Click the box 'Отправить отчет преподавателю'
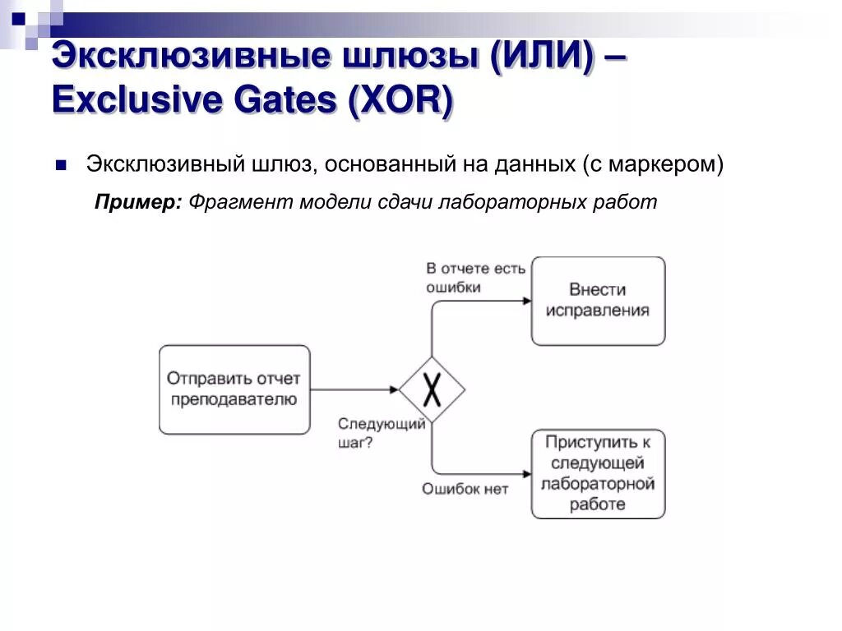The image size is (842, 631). coord(234,389)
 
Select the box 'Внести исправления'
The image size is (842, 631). coord(598,301)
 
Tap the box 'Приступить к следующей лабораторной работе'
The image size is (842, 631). coord(598,473)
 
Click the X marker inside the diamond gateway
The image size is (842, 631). coord(432,389)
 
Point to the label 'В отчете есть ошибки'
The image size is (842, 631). coord(474,278)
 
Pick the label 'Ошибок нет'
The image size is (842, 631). coord(465,489)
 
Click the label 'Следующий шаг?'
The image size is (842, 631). coord(381,433)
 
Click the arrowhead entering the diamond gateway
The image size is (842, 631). coord(393,389)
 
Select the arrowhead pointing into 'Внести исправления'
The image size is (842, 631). coord(526,301)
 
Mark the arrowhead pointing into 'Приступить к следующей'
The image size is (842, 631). coord(526,473)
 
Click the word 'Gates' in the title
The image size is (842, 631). coord(275,101)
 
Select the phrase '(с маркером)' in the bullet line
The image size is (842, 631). coord(653,164)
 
